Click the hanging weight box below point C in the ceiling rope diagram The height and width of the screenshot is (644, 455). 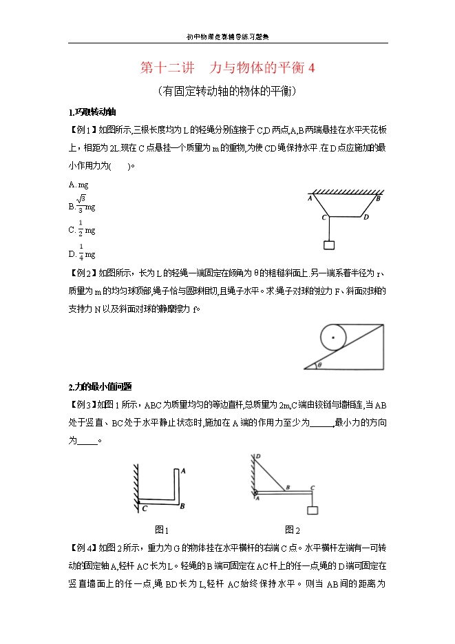coord(329,245)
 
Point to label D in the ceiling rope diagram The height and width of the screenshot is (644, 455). coord(366,218)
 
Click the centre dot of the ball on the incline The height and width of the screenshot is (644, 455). coord(334,337)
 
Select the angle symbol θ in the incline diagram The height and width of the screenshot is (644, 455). coord(319,364)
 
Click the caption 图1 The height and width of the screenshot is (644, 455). coord(162,530)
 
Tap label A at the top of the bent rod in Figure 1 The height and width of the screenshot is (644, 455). coord(182,471)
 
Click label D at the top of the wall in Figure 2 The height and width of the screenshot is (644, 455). coord(257,456)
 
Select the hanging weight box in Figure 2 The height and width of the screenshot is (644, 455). coord(313,510)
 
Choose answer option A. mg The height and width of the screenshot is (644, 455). coord(78,185)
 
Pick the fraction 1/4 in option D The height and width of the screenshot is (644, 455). coord(81,251)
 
